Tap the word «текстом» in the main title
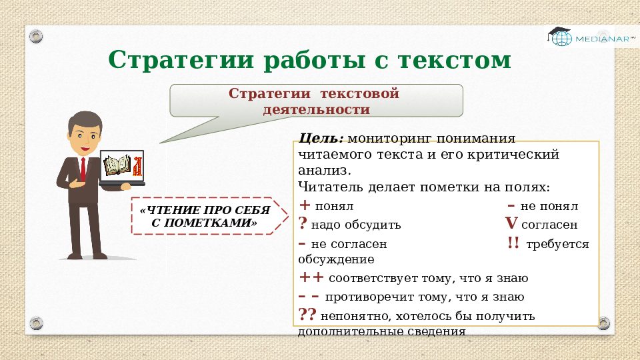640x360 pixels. pyautogui.click(x=455, y=61)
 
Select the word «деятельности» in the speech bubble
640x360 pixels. pyautogui.click(x=317, y=109)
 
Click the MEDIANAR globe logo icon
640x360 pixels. pyautogui.click(x=559, y=37)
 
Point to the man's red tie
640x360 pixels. pyautogui.click(x=83, y=169)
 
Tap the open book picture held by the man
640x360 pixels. pyautogui.click(x=118, y=166)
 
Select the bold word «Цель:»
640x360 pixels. pyautogui.click(x=321, y=139)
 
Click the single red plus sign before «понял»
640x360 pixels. pyautogui.click(x=305, y=205)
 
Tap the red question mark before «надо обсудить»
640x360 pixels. pyautogui.click(x=303, y=224)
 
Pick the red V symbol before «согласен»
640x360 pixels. pyautogui.click(x=511, y=224)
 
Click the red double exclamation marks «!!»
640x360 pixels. pyautogui.click(x=513, y=243)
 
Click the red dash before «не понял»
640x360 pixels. pyautogui.click(x=511, y=206)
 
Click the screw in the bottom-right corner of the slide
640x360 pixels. pyautogui.click(x=603, y=323)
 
